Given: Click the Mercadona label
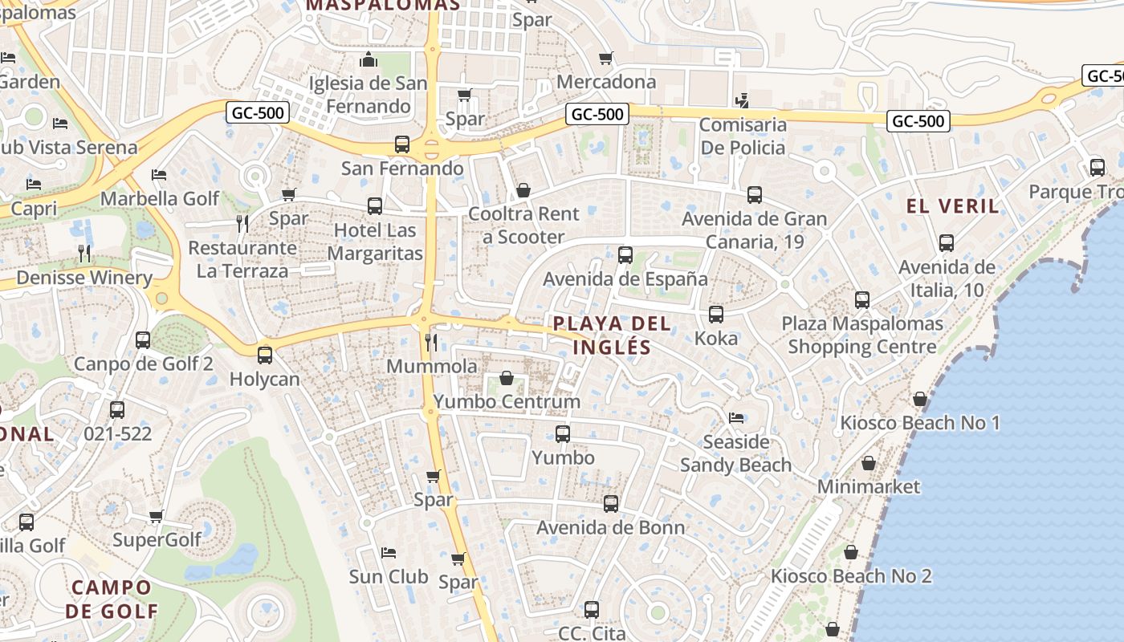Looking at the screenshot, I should coord(605,82).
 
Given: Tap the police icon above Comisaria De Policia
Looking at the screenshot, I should coord(743,101).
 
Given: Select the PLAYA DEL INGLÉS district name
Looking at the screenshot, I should coord(612,335).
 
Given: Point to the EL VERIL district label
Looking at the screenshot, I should coord(953,206).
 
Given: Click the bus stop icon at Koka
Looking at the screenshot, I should coord(716,315).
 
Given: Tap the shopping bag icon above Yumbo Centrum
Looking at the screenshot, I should coord(507,378).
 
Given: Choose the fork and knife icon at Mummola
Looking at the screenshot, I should coord(431,343).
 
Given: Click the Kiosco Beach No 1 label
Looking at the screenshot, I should coord(920,423).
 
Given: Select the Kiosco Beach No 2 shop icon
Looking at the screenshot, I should coord(851,552).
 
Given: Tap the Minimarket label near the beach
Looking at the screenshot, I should coord(869,486).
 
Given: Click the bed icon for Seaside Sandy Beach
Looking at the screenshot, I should coord(735,418).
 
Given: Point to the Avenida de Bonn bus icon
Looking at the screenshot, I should coord(611,504).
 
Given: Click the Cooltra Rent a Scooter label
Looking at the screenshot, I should coord(523,226).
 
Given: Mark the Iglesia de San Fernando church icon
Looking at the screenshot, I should coord(369,59).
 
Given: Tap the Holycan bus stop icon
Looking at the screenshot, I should coord(265,355).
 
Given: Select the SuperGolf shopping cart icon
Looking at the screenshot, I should coord(157,516).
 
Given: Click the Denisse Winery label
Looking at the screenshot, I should coord(84,278).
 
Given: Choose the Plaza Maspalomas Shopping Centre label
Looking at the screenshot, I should coord(862,335).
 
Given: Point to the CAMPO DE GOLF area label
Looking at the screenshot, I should coord(112,599).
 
